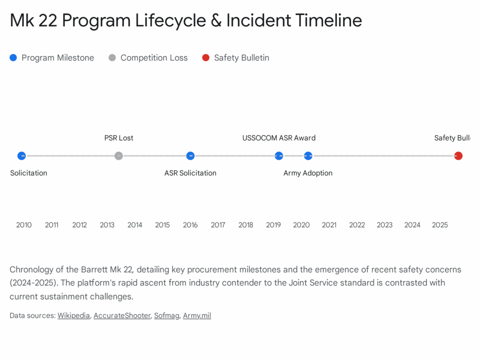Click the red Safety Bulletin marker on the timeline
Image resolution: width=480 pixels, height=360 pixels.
[458, 156]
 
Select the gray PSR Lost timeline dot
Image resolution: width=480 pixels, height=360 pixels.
[119, 156]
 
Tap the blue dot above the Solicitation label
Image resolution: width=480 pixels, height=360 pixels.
[22, 156]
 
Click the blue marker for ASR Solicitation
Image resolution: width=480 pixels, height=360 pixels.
[190, 156]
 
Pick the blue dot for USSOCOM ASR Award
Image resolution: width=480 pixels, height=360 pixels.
[279, 156]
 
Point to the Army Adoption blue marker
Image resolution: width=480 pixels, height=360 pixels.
[308, 156]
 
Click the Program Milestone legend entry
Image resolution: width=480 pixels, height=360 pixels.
[52, 58]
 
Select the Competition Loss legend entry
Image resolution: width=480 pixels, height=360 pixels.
[148, 58]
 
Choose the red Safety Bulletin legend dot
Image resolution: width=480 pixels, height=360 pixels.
[206, 58]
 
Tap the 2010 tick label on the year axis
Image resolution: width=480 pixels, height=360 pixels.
[24, 225]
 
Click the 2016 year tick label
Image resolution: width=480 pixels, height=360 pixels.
[190, 225]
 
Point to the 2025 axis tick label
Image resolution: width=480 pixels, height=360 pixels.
[440, 225]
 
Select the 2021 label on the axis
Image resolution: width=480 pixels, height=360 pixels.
[329, 225]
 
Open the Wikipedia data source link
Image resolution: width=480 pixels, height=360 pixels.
[74, 315]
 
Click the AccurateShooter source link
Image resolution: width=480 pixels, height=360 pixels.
[122, 315]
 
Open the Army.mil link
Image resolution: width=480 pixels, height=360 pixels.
[197, 315]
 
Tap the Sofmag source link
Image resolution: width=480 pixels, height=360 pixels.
[166, 315]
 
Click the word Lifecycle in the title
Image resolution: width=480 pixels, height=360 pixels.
[162, 21]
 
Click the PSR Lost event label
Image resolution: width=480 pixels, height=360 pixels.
[119, 138]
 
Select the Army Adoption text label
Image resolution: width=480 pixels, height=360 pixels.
[308, 173]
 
